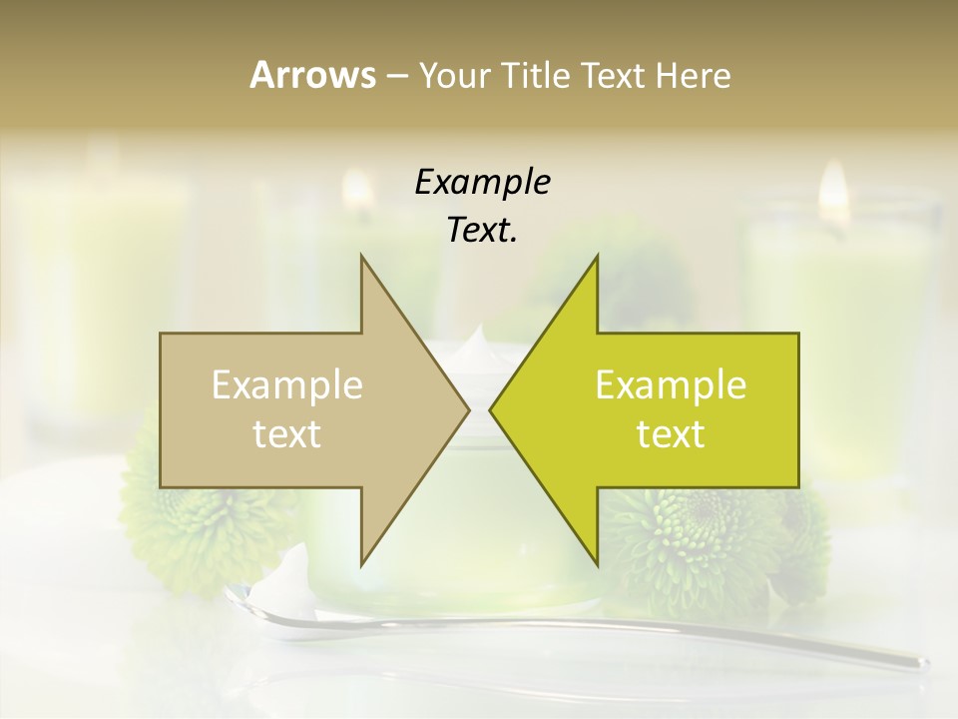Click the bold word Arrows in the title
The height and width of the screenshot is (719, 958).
[x=312, y=75]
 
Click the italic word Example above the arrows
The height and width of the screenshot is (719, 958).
[x=482, y=183]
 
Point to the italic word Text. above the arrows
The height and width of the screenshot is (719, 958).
[x=482, y=231]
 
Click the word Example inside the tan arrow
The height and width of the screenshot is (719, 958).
[x=287, y=384]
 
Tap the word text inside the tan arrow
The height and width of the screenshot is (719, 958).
[x=287, y=433]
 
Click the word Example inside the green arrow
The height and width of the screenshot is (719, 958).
[x=671, y=384]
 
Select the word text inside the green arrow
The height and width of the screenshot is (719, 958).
[x=671, y=433]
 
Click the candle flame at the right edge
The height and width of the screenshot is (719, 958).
[x=833, y=192]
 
